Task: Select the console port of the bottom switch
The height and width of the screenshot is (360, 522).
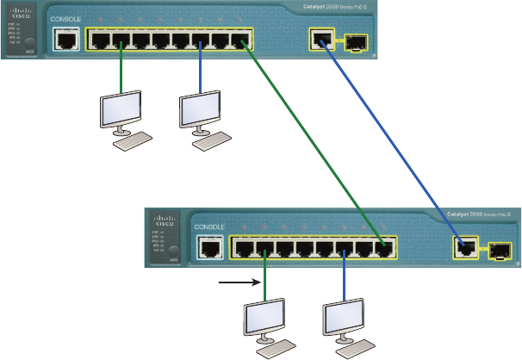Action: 207,248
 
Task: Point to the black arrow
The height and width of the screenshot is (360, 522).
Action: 238,281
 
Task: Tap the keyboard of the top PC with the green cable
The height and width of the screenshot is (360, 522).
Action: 134,141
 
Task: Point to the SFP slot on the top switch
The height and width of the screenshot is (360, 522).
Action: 354,40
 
